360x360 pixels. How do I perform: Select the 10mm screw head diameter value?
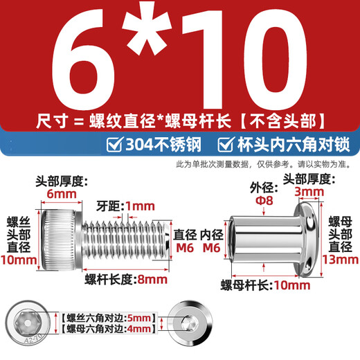(x=19, y=260)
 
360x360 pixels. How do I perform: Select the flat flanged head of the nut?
(x=305, y=238)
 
